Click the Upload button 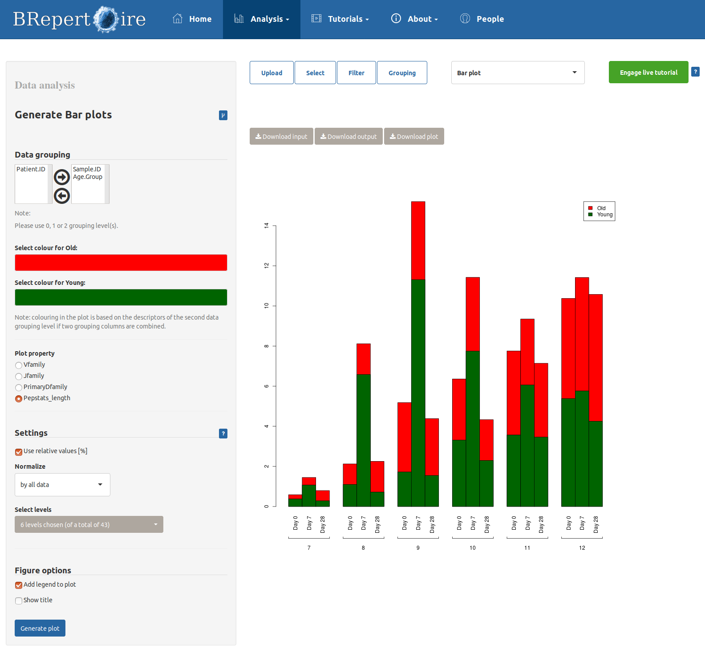(271, 73)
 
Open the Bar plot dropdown (518, 73)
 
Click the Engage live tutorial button (648, 72)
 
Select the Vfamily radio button (19, 365)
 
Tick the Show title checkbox (19, 600)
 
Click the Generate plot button (40, 628)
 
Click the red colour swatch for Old (121, 263)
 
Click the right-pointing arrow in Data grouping (62, 177)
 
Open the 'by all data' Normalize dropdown (62, 485)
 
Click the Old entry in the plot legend (601, 208)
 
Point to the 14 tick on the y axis (267, 226)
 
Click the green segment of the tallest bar (418, 393)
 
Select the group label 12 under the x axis (582, 548)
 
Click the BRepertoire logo (79, 19)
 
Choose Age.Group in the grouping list (88, 177)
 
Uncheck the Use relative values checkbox (19, 452)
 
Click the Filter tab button (356, 73)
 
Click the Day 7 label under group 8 (364, 523)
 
